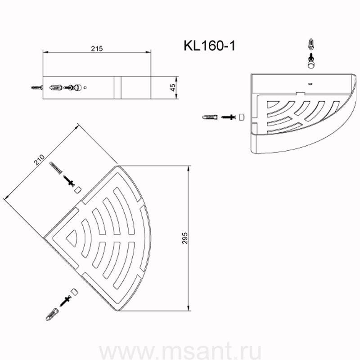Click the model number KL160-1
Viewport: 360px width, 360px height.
pos(209,46)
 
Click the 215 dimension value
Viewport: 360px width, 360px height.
pos(97,49)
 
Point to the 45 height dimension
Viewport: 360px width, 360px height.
pos(173,87)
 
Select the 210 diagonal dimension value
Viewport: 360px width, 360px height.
pos(39,160)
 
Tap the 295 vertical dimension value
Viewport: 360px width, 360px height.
pos(185,238)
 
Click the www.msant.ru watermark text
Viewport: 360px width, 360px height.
pos(180,351)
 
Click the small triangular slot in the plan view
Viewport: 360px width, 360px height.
pos(71,238)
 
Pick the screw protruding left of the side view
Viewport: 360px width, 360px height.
pos(37,87)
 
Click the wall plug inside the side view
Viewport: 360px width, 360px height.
pos(56,87)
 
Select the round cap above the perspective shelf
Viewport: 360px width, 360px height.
pos(311,64)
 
